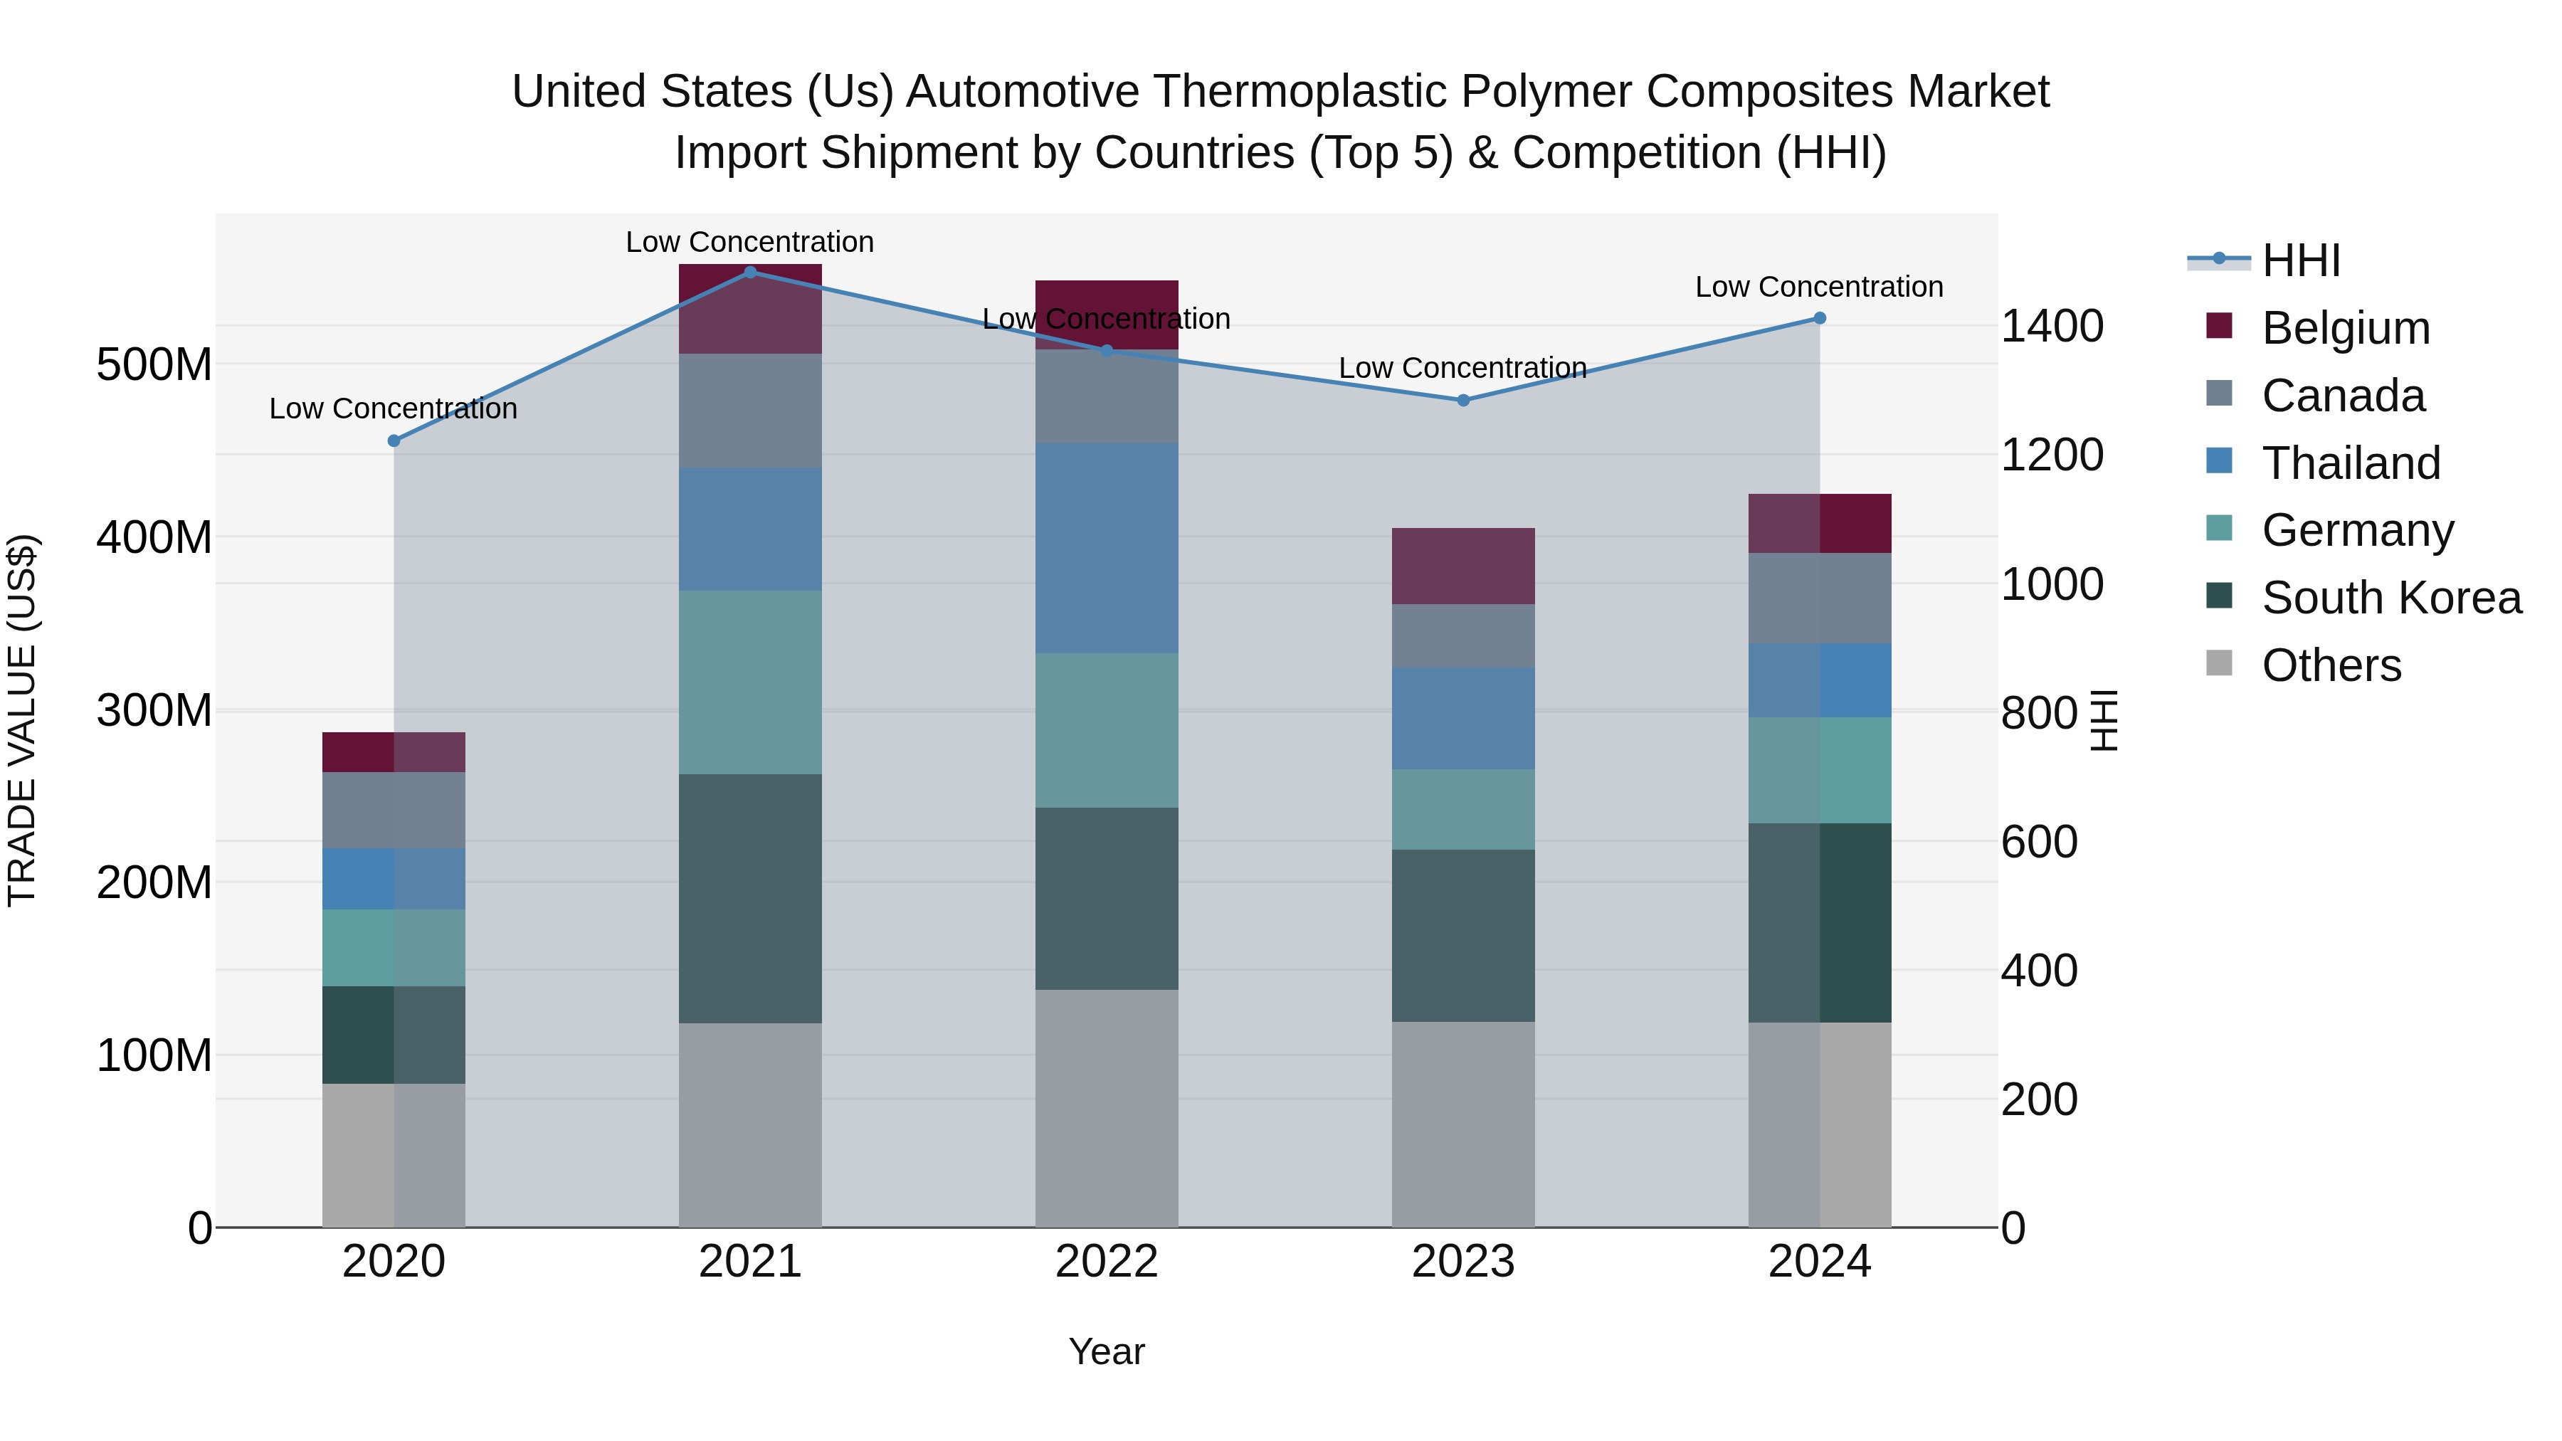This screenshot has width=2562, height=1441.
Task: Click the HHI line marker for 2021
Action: pyautogui.click(x=750, y=272)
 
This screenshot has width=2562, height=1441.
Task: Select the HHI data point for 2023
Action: pyautogui.click(x=1462, y=400)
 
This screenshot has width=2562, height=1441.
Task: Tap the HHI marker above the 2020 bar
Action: pyautogui.click(x=394, y=440)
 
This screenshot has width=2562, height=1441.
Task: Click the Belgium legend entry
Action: pyautogui.click(x=2344, y=328)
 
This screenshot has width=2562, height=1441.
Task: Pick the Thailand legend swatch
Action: pyautogui.click(x=2219, y=461)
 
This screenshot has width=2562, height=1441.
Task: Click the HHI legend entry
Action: pyautogui.click(x=2299, y=260)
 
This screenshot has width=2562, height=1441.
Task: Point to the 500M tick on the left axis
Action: pyautogui.click(x=154, y=365)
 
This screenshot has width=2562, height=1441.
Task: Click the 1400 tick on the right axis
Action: pyautogui.click(x=2051, y=326)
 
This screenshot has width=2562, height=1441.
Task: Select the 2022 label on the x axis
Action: pyautogui.click(x=1106, y=1262)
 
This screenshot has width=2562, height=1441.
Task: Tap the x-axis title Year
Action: pyautogui.click(x=1106, y=1351)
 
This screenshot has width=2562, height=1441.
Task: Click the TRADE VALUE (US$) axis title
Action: pyautogui.click(x=22, y=720)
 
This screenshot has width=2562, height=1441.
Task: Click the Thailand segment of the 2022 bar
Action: pyautogui.click(x=1106, y=548)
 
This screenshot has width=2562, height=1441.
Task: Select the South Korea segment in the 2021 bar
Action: pyautogui.click(x=750, y=898)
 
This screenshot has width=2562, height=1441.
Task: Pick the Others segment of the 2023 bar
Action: pyautogui.click(x=1462, y=1124)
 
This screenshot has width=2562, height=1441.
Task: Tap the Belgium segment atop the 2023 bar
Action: pyautogui.click(x=1462, y=566)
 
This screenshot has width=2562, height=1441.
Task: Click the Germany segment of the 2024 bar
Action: pyautogui.click(x=1819, y=770)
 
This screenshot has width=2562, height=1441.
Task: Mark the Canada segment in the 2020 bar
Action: pyautogui.click(x=394, y=810)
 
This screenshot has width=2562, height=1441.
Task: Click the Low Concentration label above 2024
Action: pyautogui.click(x=1818, y=286)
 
